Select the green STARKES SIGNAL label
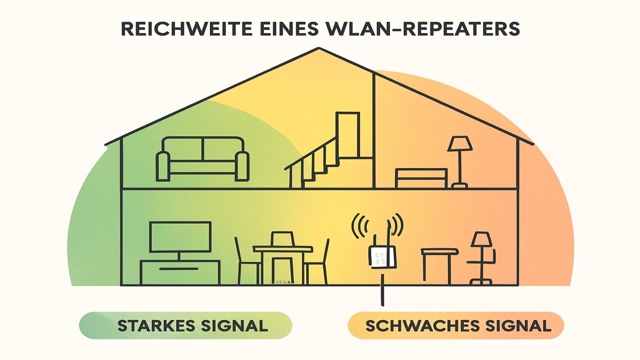point(186,326)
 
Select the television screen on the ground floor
point(180,238)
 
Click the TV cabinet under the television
point(180,271)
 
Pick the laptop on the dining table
point(282,239)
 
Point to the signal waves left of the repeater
point(359,226)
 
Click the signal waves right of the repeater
point(399,226)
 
